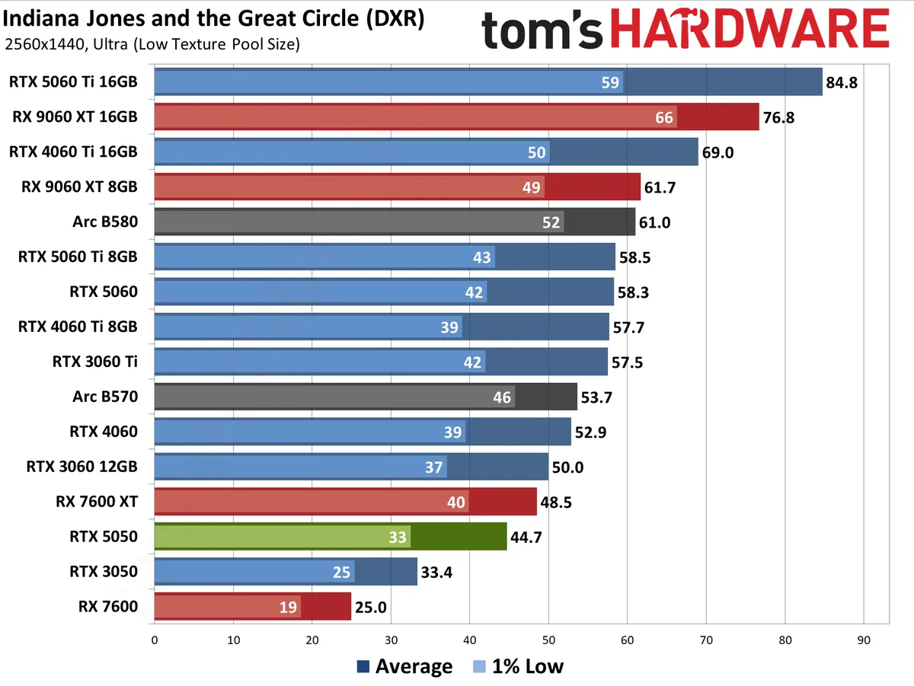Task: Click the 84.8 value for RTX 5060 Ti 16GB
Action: point(842,82)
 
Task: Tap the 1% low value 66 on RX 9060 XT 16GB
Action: point(664,117)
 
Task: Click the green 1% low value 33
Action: point(398,537)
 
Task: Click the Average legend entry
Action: point(404,667)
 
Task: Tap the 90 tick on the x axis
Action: point(863,641)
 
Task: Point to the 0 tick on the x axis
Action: point(155,641)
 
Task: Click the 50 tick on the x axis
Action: point(548,641)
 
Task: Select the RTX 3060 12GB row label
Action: point(81,467)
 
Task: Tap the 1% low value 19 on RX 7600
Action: point(289,607)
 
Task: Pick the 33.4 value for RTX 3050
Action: point(437,572)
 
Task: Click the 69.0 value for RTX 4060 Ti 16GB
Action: point(717,152)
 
